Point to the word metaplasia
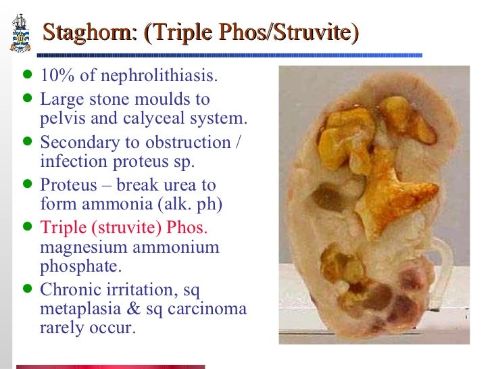(x=79, y=310)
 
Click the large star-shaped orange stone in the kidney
(x=385, y=196)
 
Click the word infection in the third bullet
(x=69, y=162)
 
